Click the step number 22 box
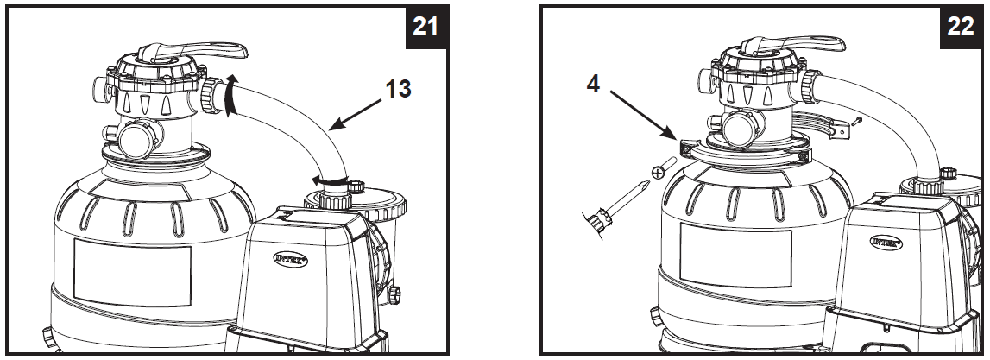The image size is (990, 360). pos(960,27)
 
